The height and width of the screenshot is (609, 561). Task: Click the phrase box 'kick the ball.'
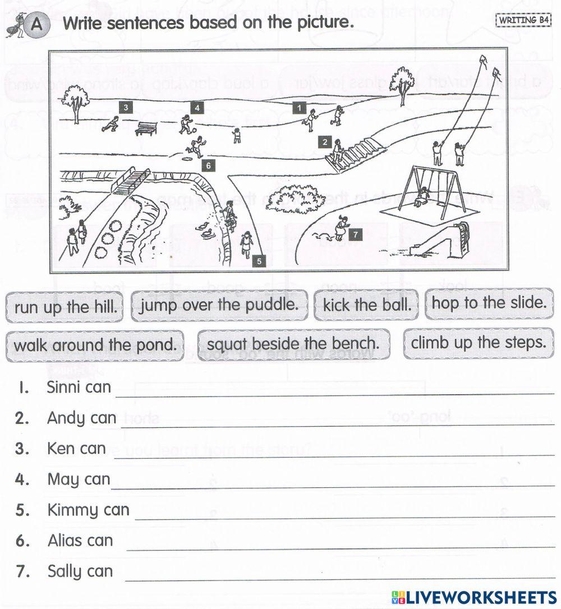point(366,306)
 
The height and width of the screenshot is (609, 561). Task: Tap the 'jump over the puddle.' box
point(219,306)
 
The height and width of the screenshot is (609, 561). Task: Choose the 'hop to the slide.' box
point(489,303)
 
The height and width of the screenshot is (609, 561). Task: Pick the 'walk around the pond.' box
point(95,344)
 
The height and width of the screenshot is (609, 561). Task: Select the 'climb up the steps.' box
point(479,343)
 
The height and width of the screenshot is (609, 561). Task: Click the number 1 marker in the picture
point(300,107)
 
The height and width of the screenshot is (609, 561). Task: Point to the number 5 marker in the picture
point(259,260)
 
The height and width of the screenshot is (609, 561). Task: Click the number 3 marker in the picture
point(126,107)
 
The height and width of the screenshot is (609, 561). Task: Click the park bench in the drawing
point(146,128)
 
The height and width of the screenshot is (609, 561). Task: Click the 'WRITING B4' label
point(523,20)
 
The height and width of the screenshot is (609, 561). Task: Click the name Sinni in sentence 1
point(63,387)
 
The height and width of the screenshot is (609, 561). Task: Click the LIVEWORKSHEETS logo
point(475,597)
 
